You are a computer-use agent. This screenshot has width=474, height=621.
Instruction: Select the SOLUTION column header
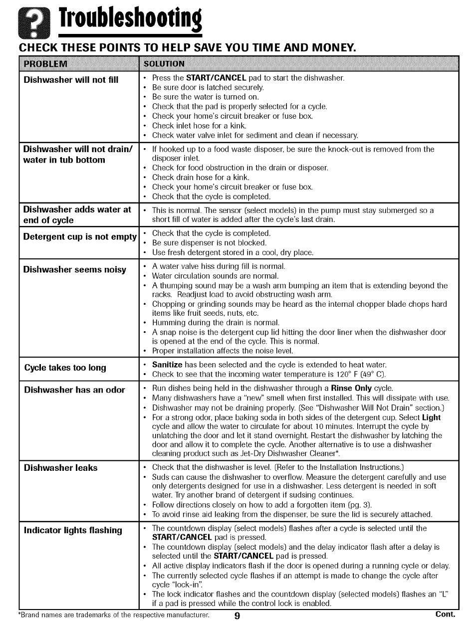tap(164, 64)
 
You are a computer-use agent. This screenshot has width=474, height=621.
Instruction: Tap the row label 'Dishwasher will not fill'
tap(71, 79)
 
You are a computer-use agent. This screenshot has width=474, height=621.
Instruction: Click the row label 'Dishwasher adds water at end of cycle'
tap(77, 215)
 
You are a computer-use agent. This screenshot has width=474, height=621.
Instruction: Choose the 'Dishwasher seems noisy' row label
tap(75, 270)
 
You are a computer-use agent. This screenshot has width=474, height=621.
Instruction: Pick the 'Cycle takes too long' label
tap(65, 368)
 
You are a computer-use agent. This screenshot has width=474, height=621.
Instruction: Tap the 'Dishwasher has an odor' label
tap(74, 390)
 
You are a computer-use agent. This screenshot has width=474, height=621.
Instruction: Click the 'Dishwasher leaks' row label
tap(61, 467)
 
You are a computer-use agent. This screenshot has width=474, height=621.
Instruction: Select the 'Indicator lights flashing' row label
tap(73, 530)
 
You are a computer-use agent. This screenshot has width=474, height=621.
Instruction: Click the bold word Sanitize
tap(168, 365)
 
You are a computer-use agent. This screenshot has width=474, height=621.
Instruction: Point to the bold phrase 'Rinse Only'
tap(353, 388)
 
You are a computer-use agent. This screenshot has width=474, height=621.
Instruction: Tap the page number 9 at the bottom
tap(237, 616)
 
